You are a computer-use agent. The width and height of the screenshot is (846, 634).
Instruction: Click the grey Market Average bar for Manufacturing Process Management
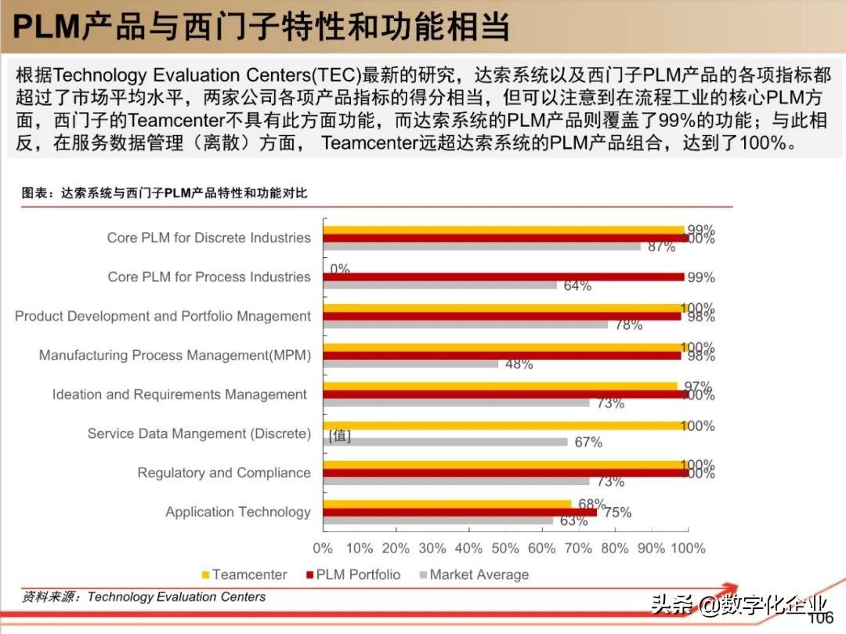point(410,364)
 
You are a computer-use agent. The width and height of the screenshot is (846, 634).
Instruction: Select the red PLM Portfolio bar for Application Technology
point(459,513)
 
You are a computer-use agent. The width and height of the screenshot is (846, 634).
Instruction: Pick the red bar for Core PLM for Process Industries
point(504,277)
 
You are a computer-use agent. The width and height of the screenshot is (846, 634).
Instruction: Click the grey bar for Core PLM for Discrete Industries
point(481,246)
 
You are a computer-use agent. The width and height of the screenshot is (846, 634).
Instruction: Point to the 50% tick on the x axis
point(505,549)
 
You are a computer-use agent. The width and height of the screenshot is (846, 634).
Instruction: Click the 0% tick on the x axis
point(323,549)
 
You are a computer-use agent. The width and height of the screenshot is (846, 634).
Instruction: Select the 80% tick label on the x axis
point(615,549)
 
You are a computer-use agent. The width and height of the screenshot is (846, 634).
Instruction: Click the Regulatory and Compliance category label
point(224,473)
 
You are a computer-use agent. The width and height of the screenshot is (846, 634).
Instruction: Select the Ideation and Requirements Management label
point(179,394)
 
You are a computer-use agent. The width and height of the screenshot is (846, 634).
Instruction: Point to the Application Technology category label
point(238,512)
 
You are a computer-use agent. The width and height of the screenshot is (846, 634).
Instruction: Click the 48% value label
point(519,364)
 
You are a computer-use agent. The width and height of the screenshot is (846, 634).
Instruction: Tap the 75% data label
point(617,513)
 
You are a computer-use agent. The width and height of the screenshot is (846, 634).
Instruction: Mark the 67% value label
point(588,442)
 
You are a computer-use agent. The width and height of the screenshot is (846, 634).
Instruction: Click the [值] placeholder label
point(340,436)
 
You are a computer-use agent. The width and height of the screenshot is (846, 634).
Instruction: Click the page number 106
point(820,619)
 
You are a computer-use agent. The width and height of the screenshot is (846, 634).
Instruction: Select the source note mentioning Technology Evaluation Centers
point(144,597)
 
